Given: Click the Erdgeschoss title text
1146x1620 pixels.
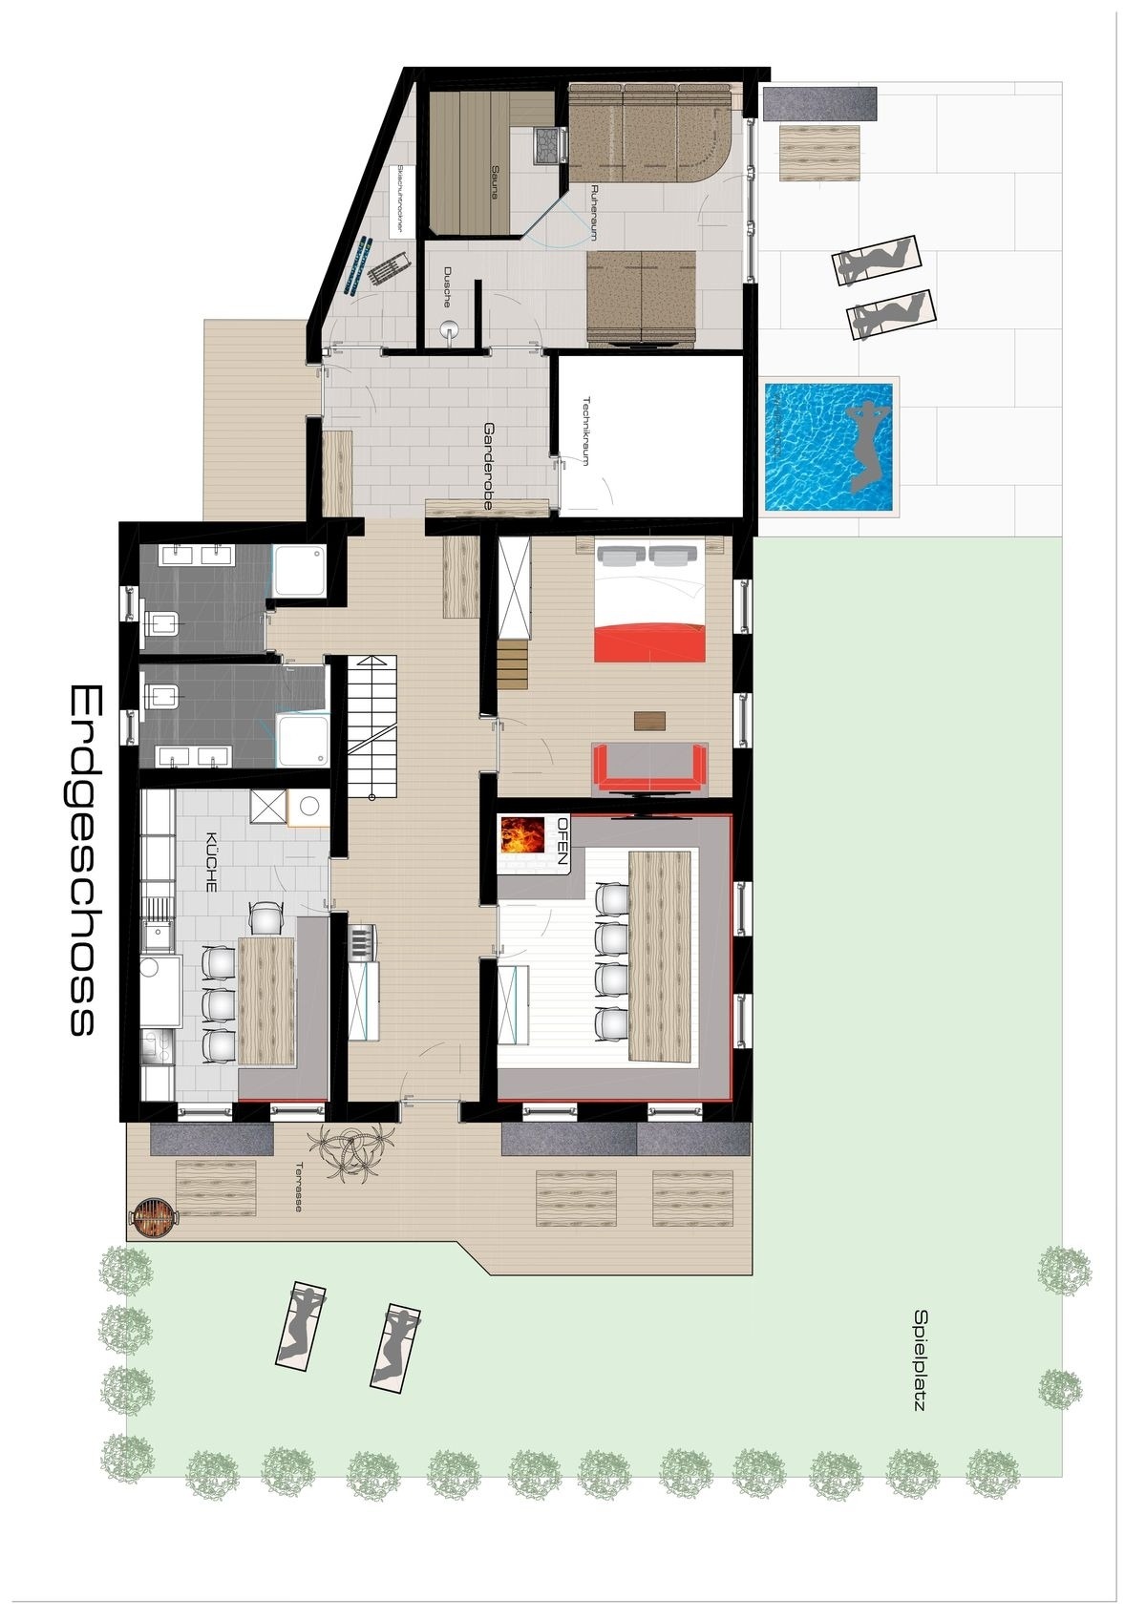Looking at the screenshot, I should (x=82, y=859).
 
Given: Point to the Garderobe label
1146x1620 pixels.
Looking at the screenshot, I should (x=489, y=452).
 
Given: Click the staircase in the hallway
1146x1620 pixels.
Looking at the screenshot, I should (x=371, y=727).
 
